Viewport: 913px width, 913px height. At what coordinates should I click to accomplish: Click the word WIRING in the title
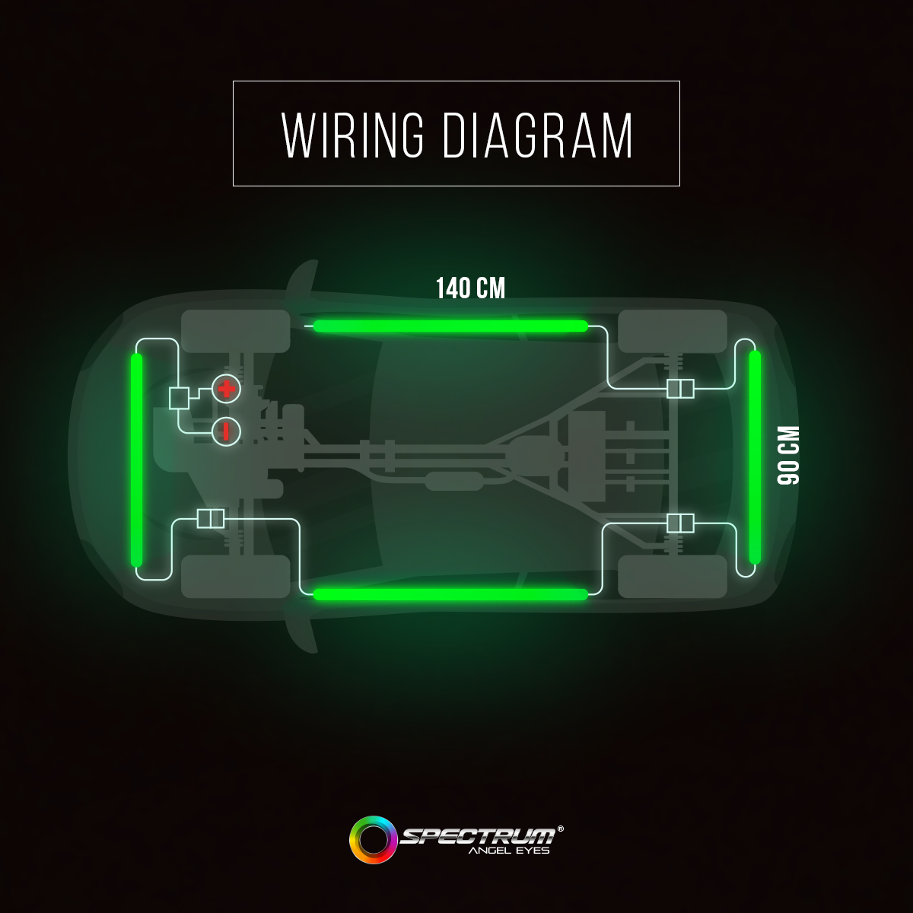353,135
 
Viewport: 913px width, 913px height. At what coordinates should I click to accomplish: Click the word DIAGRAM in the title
538,135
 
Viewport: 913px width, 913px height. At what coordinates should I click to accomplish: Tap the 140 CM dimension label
470,288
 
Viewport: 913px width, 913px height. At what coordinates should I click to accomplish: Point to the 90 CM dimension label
788,455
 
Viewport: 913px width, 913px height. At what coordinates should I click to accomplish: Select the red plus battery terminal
227,389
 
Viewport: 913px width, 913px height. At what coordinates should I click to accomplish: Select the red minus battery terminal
226,431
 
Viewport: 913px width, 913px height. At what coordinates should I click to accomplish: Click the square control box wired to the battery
179,398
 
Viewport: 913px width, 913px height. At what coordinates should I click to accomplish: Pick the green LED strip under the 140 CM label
450,326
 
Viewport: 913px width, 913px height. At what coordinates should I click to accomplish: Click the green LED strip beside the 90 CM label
755,457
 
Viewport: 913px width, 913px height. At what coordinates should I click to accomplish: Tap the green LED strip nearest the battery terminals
136,460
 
